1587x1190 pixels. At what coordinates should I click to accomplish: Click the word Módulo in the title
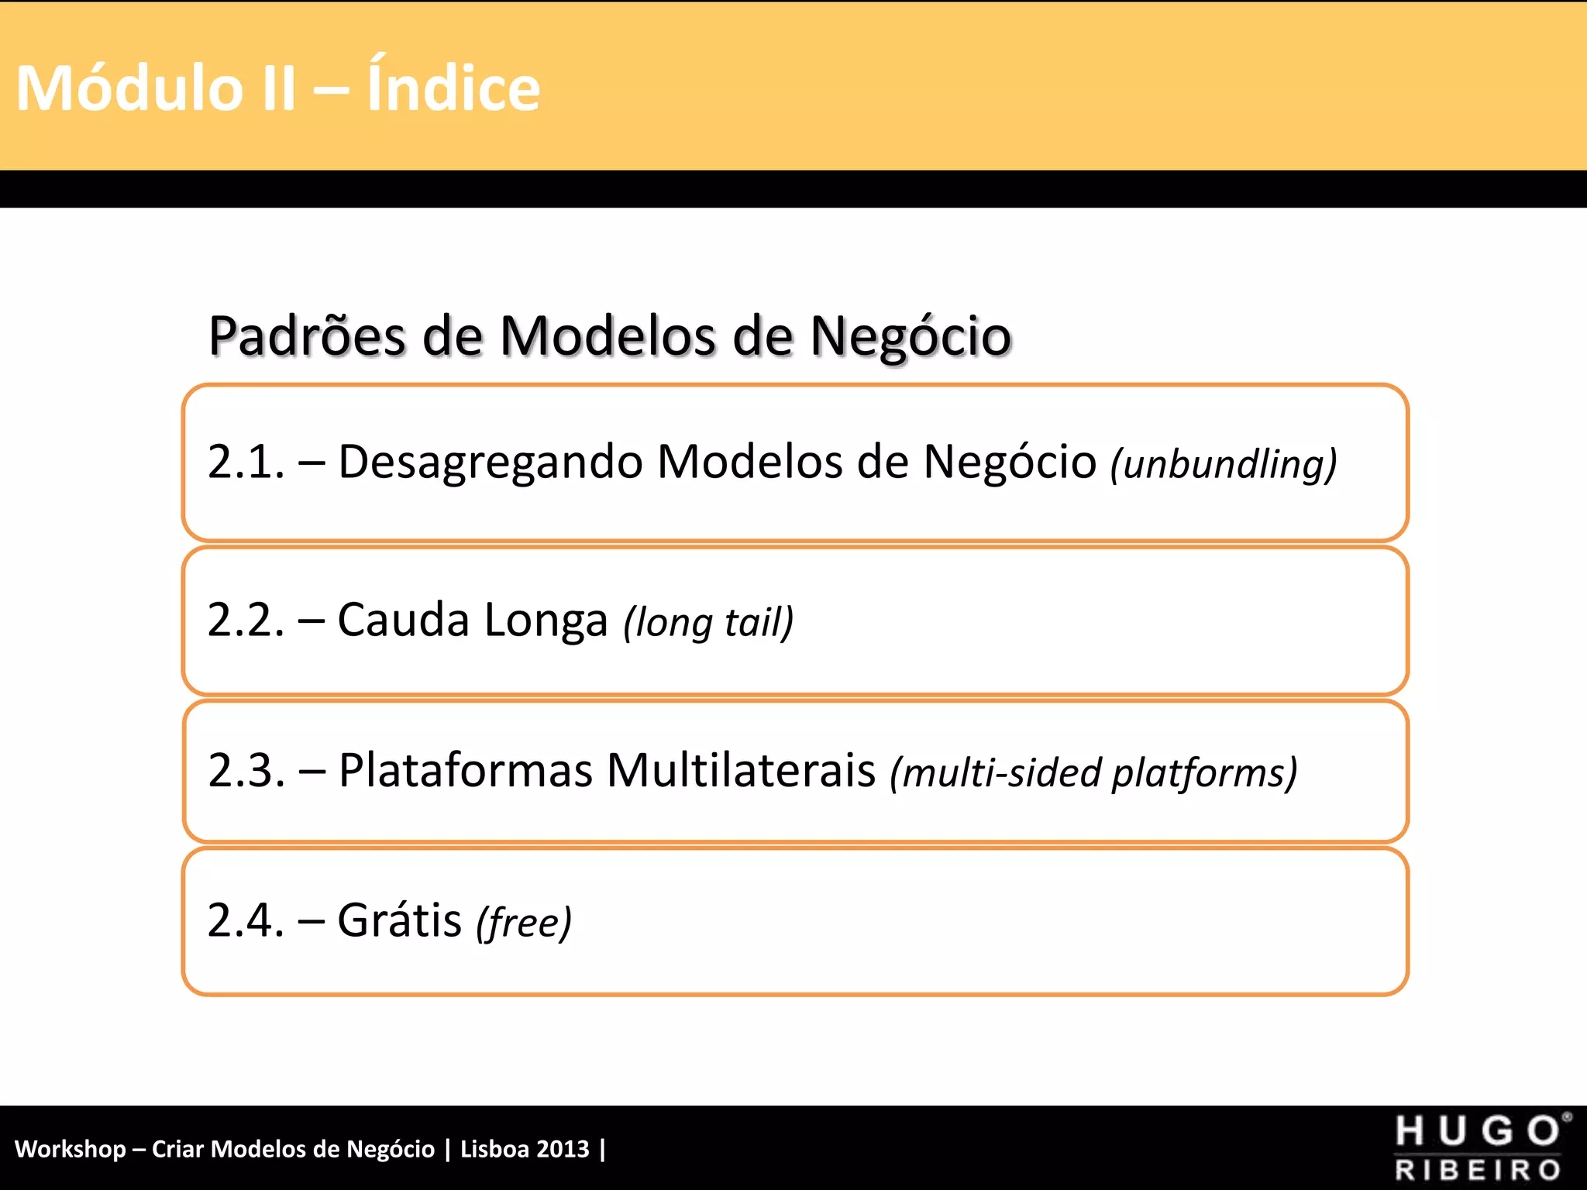(129, 88)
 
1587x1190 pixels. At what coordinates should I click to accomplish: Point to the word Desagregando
(491, 462)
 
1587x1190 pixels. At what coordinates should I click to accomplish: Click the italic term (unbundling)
(1224, 464)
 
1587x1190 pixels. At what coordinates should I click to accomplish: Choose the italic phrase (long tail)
(708, 622)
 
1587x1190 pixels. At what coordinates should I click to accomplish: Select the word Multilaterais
(741, 770)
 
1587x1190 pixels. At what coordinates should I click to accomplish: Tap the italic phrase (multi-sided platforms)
(1093, 772)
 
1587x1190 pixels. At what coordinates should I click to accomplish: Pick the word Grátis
(400, 920)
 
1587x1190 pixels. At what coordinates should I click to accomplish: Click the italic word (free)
(524, 923)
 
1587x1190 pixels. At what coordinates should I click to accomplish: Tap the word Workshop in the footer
(71, 1149)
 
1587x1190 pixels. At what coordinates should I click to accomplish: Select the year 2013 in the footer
(563, 1149)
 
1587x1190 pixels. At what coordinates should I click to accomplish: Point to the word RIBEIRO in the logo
(1477, 1170)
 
